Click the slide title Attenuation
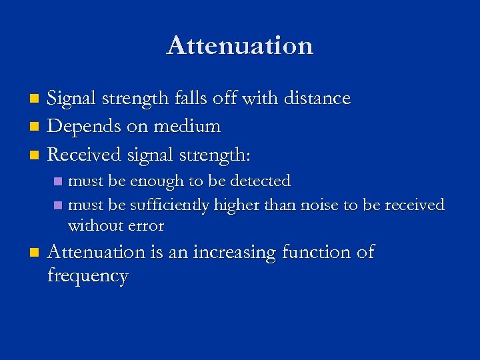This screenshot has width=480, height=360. (x=240, y=45)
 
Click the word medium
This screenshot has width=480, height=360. (x=189, y=127)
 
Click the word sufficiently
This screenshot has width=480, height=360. (x=171, y=205)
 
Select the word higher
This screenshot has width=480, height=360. (x=237, y=205)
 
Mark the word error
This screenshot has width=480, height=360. (x=143, y=226)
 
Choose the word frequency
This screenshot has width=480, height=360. (x=88, y=276)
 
